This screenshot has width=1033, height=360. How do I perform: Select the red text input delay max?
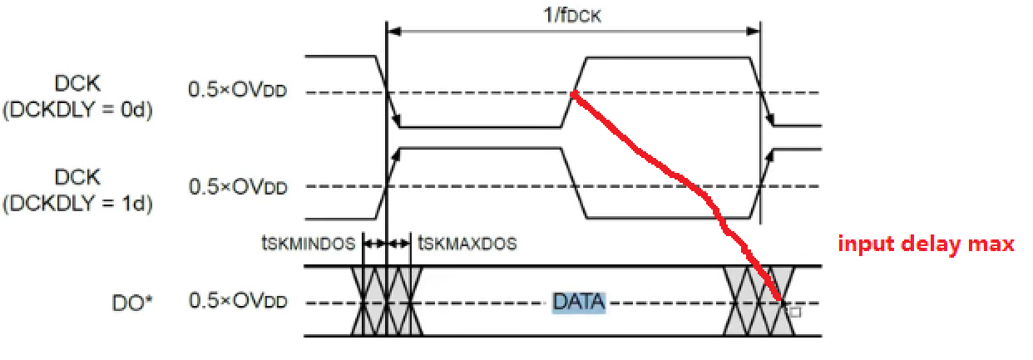coord(926,244)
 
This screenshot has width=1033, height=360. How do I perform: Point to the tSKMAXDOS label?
coord(467,244)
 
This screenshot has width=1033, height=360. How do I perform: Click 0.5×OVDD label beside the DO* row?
coord(238,302)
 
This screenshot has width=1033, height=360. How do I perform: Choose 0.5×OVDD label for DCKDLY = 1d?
coord(238,186)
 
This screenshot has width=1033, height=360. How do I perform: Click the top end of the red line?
coord(574,95)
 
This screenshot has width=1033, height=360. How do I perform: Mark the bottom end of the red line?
coord(780,298)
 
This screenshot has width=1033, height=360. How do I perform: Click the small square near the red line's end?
coord(795,313)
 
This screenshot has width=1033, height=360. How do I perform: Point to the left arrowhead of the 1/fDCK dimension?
coord(394,31)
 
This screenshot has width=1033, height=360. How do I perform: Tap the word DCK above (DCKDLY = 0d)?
coord(77,82)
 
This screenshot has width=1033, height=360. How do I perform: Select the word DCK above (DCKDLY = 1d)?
coord(77,176)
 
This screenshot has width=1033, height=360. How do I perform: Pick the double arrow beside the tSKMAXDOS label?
coord(399,244)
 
